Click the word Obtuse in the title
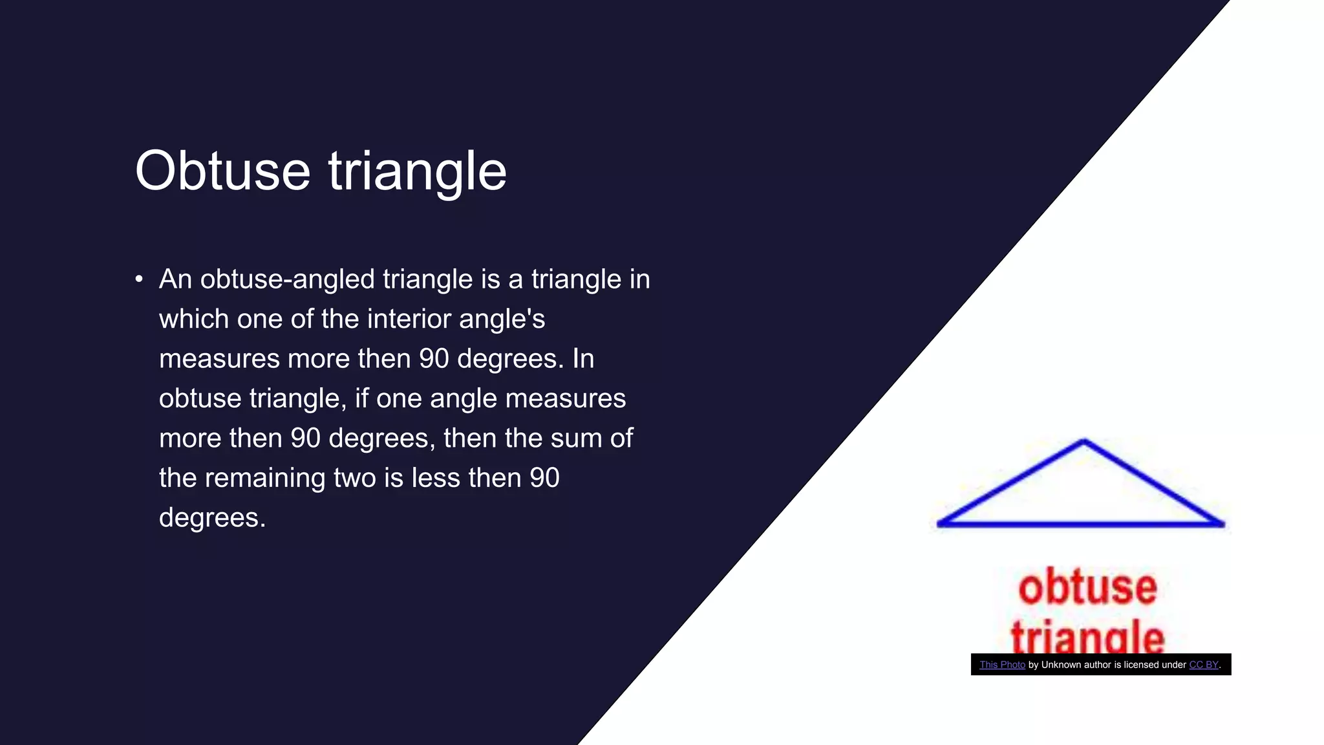222,171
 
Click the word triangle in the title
417,171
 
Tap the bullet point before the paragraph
139,279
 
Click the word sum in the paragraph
577,438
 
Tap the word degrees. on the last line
212,518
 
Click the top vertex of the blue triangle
1084,442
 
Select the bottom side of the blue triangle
1081,524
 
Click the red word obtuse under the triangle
1087,587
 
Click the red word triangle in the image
1087,637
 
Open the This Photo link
1002,665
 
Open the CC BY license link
1203,665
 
